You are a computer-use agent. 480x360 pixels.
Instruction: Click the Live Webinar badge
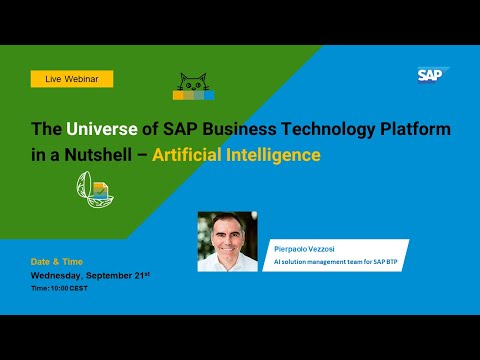(72, 78)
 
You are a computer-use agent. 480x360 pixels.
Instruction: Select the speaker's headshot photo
(227, 242)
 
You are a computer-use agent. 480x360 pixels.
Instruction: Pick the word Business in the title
(236, 130)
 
